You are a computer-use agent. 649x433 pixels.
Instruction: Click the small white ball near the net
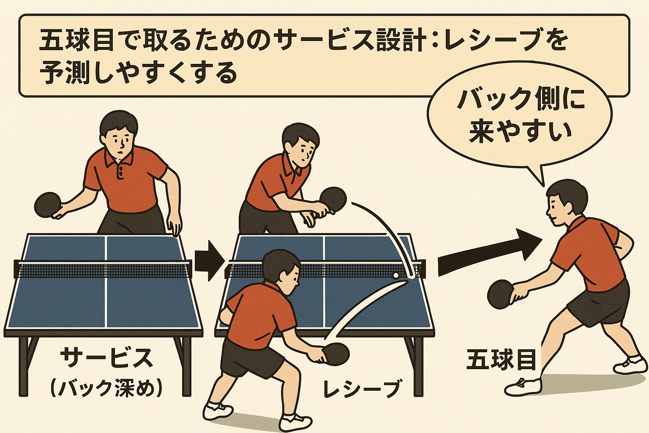[x=395, y=275]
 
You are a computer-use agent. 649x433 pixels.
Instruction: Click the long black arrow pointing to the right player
[x=490, y=252]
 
